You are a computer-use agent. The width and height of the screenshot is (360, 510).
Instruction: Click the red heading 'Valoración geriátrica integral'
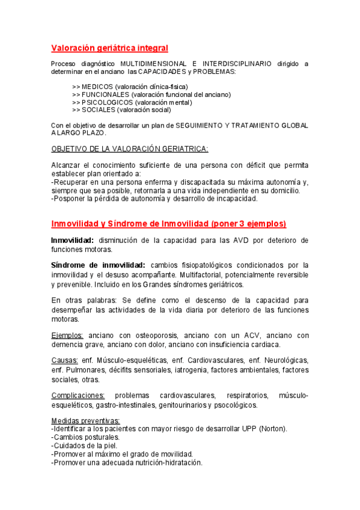click(109, 48)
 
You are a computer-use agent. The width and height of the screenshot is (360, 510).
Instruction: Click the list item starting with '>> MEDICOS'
click(130, 87)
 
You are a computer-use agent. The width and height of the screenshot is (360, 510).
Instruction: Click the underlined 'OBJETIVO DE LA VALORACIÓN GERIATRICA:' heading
click(130, 149)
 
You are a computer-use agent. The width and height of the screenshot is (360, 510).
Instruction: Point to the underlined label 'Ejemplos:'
click(67, 336)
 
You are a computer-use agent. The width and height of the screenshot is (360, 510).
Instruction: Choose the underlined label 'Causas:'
click(64, 360)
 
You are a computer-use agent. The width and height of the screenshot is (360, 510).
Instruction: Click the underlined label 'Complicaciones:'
click(78, 395)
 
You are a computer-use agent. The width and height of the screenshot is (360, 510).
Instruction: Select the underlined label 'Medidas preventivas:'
click(85, 420)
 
